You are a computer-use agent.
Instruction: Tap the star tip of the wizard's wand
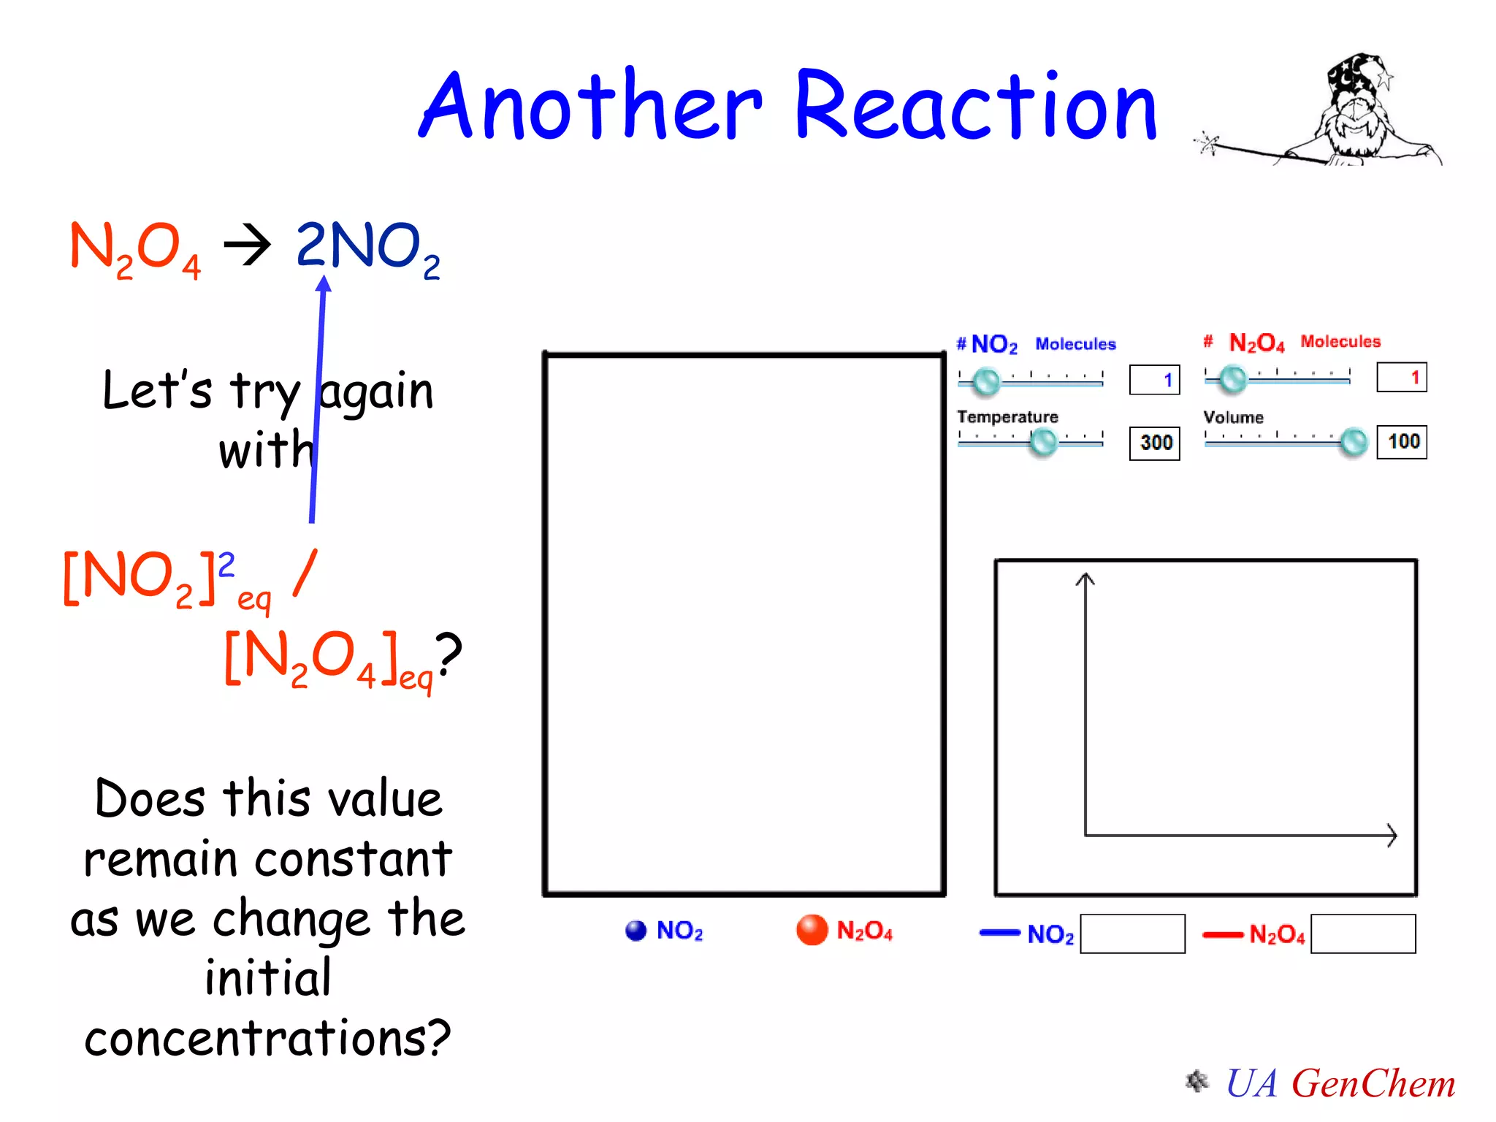click(x=1207, y=142)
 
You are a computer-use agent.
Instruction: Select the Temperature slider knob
click(x=1043, y=441)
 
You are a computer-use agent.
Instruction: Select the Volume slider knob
click(x=1354, y=441)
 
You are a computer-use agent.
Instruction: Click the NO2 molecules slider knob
click(x=987, y=381)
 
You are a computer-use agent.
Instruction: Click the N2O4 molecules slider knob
click(x=1233, y=378)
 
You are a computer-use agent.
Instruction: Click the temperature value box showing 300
click(x=1155, y=443)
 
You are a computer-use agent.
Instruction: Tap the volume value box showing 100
click(x=1402, y=441)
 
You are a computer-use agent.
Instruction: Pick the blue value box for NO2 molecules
click(x=1155, y=380)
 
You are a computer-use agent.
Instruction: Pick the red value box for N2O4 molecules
click(x=1402, y=378)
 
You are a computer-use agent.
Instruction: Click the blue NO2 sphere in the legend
click(x=636, y=930)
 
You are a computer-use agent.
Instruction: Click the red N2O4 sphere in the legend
click(x=812, y=930)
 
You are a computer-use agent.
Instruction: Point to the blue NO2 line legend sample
click(x=999, y=933)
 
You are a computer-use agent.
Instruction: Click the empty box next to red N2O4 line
click(x=1363, y=934)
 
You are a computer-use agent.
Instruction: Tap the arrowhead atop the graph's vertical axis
click(x=1085, y=579)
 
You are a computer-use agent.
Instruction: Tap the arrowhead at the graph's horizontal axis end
click(x=1392, y=835)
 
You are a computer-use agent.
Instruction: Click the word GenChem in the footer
click(x=1373, y=1083)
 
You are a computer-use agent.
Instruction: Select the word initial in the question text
click(x=268, y=977)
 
